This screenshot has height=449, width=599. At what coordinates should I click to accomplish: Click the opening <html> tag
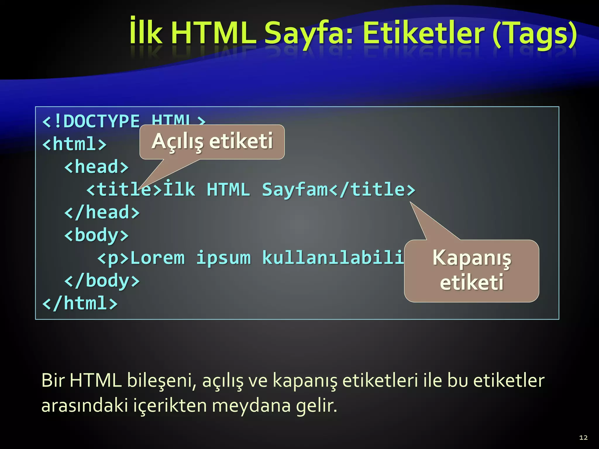click(x=74, y=144)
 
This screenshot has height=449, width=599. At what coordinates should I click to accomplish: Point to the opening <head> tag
click(x=97, y=167)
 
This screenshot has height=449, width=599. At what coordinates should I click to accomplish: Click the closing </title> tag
click(x=372, y=189)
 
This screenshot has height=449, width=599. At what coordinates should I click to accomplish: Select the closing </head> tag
click(x=102, y=212)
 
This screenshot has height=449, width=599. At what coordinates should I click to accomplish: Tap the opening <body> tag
click(x=97, y=236)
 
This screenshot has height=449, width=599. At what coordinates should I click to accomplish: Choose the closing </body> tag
click(x=102, y=281)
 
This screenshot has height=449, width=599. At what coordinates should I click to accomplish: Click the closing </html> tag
click(x=80, y=303)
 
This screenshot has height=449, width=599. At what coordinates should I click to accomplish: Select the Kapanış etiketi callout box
click(x=471, y=270)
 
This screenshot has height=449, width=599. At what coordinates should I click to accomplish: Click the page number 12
click(x=583, y=438)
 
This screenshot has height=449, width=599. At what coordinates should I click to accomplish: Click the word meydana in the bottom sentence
click(x=251, y=406)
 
